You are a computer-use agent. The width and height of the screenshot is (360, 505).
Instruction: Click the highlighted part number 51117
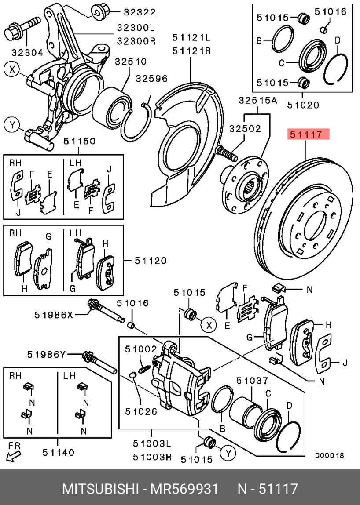(x=306, y=134)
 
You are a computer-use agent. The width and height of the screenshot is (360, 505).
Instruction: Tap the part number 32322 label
(x=140, y=12)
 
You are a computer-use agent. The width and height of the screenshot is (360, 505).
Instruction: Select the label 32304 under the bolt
(x=27, y=52)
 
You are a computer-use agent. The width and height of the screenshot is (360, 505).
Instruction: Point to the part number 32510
(x=131, y=61)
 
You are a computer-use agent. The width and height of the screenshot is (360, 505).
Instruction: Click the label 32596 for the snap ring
(x=151, y=78)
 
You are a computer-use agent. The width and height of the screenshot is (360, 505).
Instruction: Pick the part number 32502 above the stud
(x=245, y=129)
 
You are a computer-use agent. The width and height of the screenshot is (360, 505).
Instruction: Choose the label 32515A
(x=258, y=101)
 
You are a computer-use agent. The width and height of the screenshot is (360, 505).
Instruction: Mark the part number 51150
(x=79, y=141)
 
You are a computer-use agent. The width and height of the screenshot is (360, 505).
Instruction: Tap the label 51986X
(x=54, y=315)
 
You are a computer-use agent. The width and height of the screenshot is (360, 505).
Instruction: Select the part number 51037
(x=252, y=381)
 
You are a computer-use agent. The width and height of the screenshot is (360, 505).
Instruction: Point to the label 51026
(x=141, y=411)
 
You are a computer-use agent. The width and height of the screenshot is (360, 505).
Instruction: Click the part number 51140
(x=59, y=453)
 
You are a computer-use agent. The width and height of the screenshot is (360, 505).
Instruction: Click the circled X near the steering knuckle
(x=12, y=69)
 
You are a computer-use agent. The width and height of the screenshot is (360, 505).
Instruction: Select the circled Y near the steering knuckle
(x=12, y=125)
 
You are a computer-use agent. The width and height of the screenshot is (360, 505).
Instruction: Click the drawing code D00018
(x=329, y=455)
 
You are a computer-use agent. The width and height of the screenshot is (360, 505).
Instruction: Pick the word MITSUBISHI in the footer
(x=100, y=489)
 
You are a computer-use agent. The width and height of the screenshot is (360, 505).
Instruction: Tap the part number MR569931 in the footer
(x=185, y=489)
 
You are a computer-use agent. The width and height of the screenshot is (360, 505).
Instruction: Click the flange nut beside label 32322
(x=99, y=13)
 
